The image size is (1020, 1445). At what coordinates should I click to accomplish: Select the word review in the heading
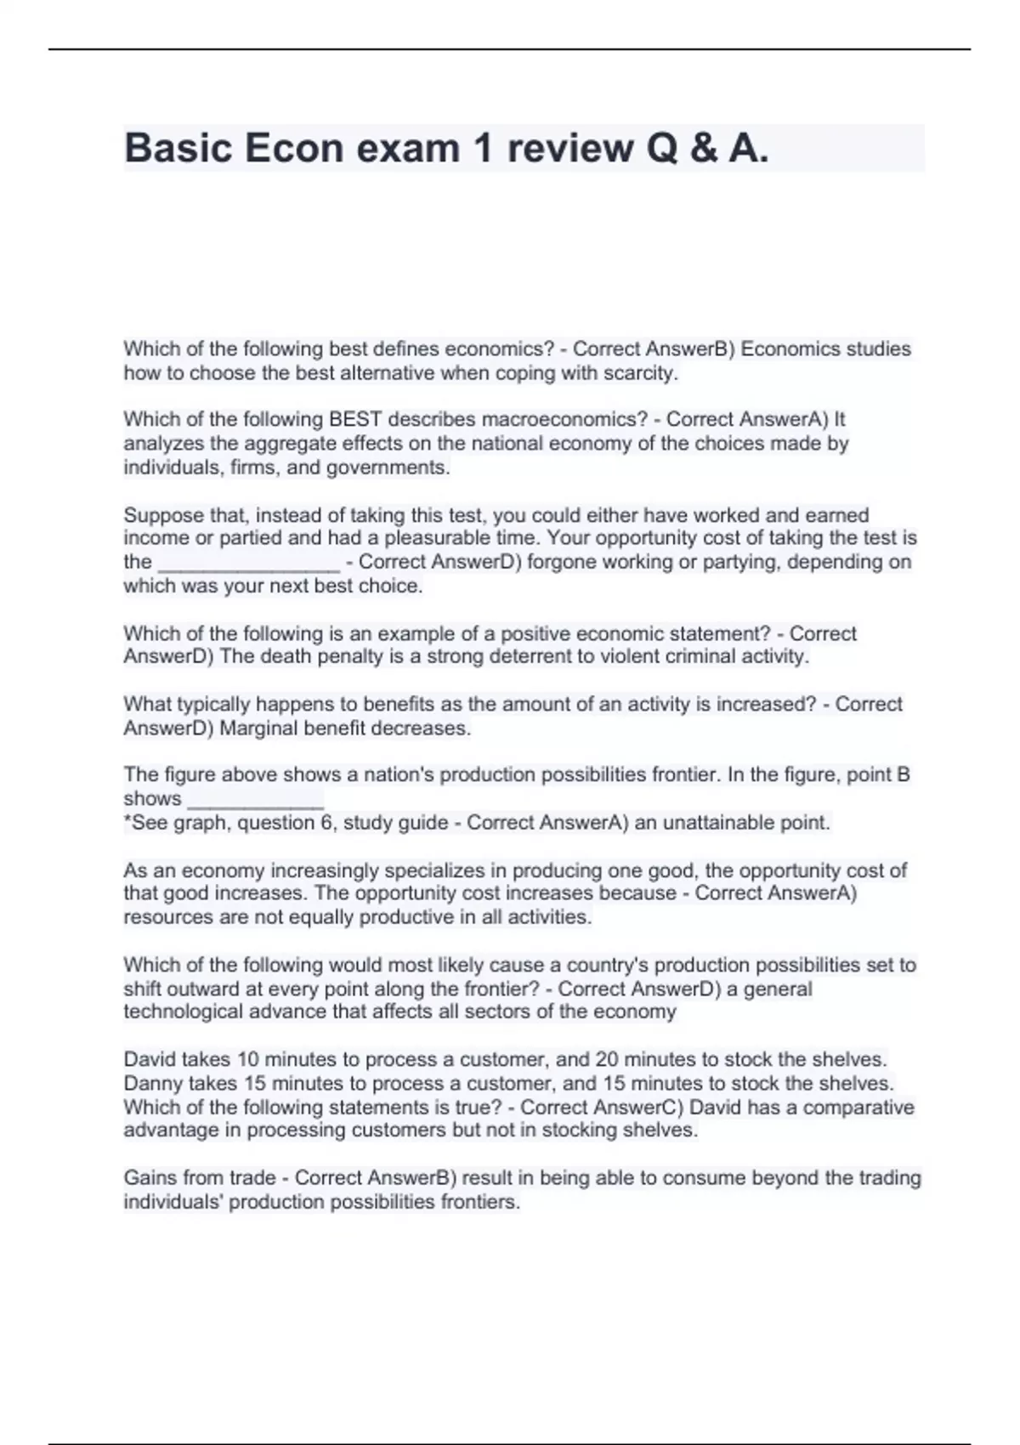point(569,149)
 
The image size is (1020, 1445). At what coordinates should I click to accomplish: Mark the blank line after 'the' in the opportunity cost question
point(249,563)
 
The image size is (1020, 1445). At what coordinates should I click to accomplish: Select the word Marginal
point(258,728)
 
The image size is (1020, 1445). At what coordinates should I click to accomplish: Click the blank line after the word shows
point(255,800)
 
